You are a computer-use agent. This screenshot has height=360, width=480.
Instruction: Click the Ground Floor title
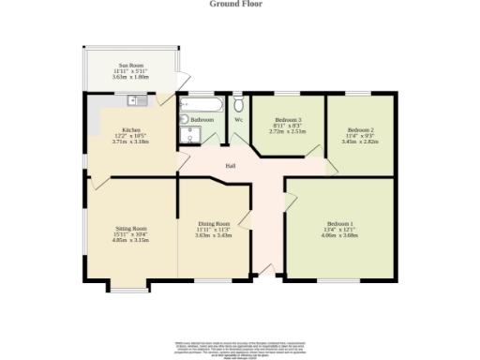click(235, 4)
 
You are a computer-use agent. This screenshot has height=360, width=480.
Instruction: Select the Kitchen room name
click(131, 129)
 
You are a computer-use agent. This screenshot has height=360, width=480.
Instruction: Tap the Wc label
click(238, 120)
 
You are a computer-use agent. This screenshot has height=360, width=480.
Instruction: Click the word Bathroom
click(202, 120)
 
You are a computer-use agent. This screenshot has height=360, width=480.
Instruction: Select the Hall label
click(229, 167)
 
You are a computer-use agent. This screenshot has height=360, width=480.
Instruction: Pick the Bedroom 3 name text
click(288, 120)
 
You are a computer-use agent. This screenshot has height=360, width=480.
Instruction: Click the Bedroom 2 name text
click(360, 129)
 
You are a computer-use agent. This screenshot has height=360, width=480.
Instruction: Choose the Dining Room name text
click(214, 224)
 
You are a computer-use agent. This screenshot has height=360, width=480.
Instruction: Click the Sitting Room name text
click(131, 229)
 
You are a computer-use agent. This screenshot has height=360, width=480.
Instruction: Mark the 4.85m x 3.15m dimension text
click(131, 240)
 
